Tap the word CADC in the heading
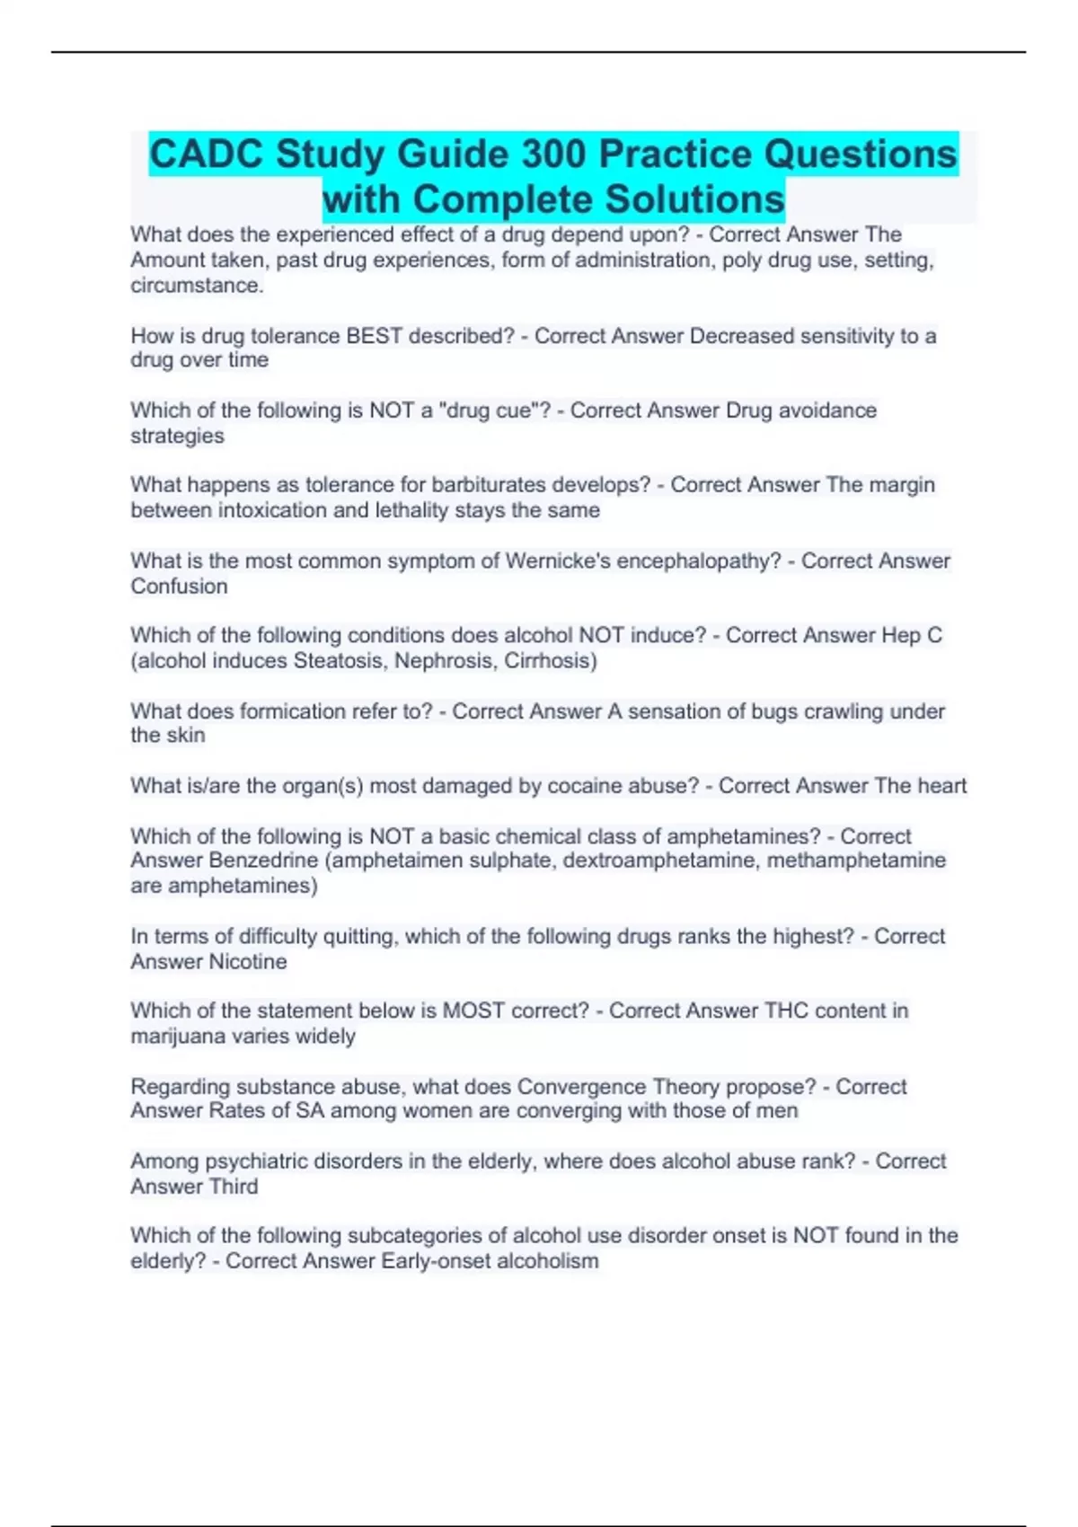pyautogui.click(x=207, y=154)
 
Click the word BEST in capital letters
pyautogui.click(x=374, y=336)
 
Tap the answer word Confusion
pyautogui.click(x=179, y=587)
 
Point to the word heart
pyautogui.click(x=941, y=786)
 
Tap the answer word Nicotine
pyautogui.click(x=248, y=962)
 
